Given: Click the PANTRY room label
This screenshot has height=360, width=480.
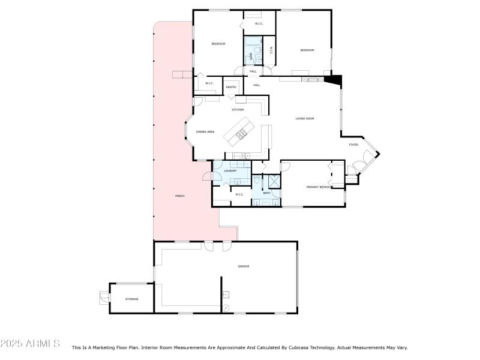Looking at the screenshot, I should [x=231, y=88].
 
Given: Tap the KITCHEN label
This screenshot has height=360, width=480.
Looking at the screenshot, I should [x=238, y=110].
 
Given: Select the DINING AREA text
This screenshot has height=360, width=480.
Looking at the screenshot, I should [x=205, y=131].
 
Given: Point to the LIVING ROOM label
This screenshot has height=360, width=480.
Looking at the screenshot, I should [x=305, y=118].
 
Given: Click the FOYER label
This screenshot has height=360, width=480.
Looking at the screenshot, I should [x=353, y=145].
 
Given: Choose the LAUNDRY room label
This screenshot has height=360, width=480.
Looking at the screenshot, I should [x=230, y=171].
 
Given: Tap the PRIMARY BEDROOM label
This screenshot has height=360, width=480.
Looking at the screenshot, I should [x=319, y=187].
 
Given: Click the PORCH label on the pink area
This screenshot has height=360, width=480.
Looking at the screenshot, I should [x=179, y=196].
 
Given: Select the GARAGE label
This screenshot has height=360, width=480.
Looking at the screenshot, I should [x=243, y=266].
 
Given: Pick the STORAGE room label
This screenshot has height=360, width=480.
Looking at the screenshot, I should [x=131, y=298].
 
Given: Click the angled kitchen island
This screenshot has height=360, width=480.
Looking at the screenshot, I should [x=240, y=133].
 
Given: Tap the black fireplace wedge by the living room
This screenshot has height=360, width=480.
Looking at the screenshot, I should [x=333, y=79].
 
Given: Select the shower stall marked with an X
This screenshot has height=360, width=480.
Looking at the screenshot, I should [x=274, y=181].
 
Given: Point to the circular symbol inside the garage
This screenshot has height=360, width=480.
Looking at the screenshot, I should [x=226, y=308].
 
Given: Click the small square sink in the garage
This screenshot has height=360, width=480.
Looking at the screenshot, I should [x=226, y=295].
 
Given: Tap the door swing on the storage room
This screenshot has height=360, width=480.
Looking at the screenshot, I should [x=103, y=296].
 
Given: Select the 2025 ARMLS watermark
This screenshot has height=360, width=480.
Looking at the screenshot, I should [x=30, y=344].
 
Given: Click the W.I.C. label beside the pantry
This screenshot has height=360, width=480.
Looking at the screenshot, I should [x=209, y=83].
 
